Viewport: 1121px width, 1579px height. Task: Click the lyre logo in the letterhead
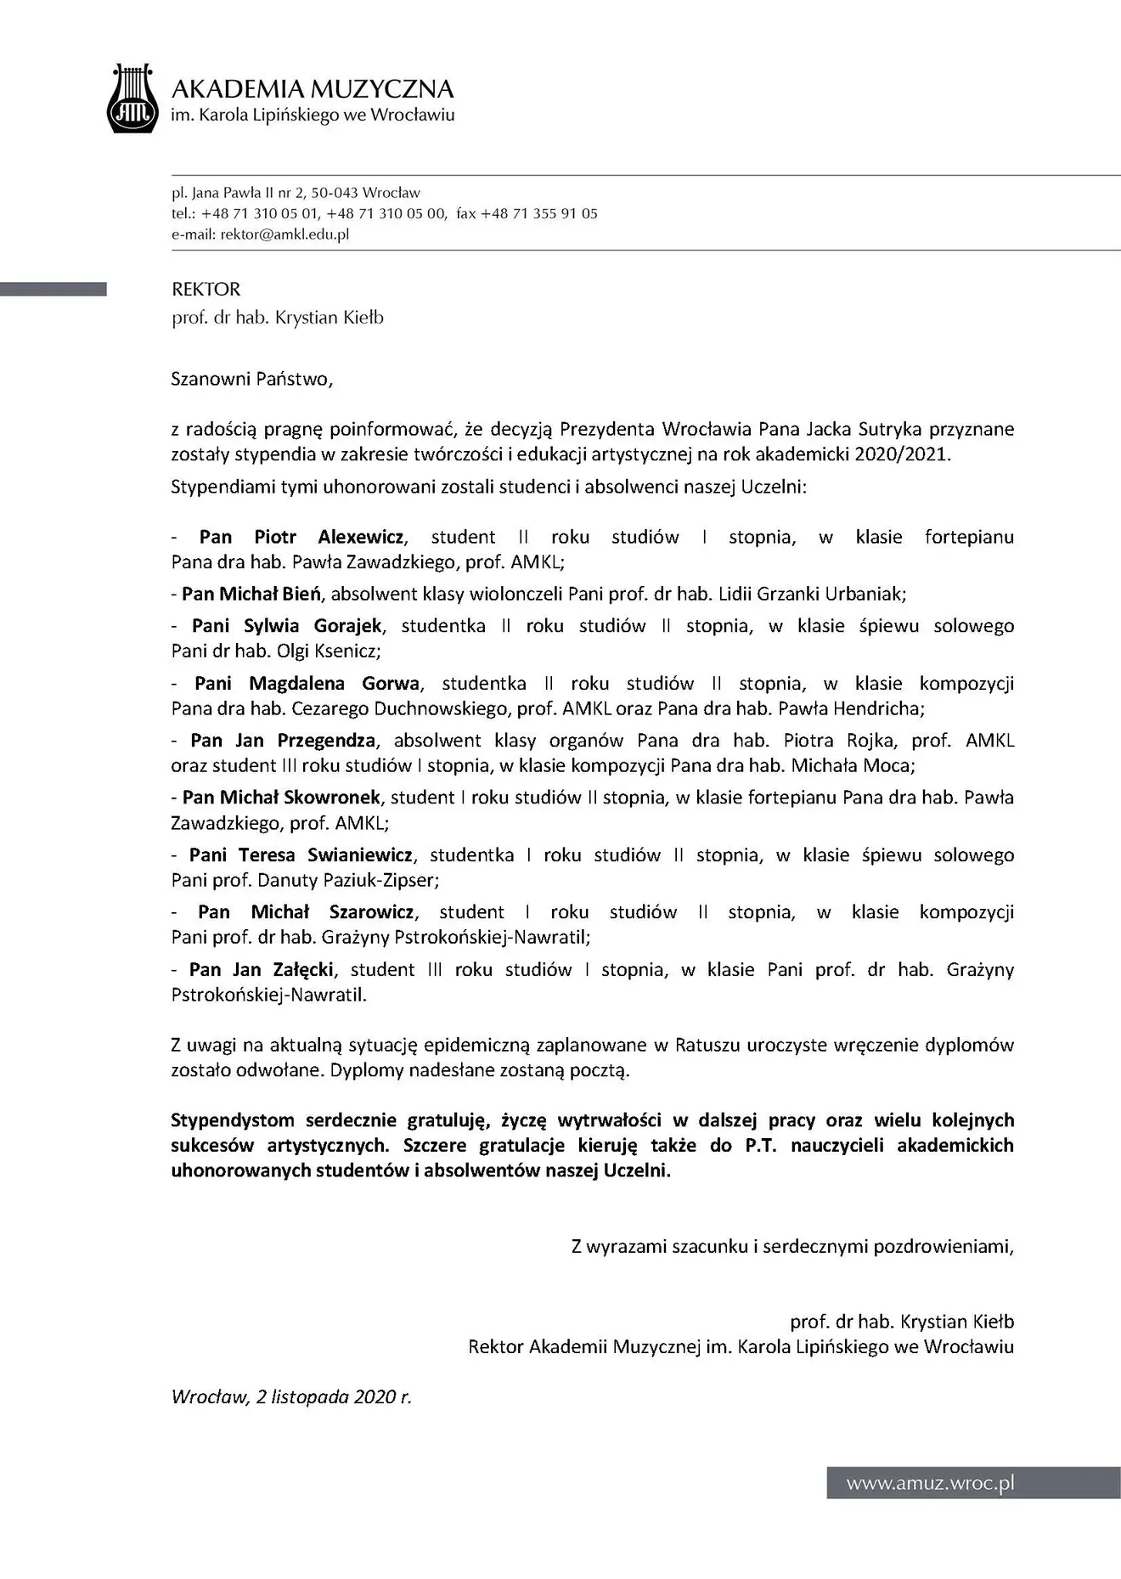[132, 99]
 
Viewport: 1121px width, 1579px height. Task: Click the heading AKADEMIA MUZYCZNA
[313, 89]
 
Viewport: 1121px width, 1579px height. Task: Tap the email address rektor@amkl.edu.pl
[284, 234]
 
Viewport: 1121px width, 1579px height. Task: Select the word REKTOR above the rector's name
[206, 290]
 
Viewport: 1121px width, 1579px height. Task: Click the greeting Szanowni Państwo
[251, 379]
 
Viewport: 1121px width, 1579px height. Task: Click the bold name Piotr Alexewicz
[329, 537]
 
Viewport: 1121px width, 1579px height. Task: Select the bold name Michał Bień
[271, 594]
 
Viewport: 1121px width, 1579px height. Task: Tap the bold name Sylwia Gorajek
[313, 626]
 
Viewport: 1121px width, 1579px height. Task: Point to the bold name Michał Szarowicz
[332, 912]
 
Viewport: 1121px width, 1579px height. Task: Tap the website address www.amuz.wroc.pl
[930, 1484]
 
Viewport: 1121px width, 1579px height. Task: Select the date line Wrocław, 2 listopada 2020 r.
[291, 1397]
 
